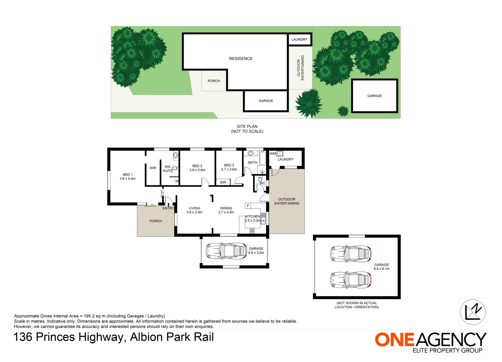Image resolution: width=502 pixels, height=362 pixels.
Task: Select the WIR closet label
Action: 153,168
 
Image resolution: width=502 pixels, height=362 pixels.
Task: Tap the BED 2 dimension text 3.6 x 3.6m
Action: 197,170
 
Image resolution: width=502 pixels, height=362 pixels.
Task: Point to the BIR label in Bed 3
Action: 223,182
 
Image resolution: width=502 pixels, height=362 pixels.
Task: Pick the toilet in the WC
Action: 260,180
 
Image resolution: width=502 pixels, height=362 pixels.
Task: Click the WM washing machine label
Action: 273,154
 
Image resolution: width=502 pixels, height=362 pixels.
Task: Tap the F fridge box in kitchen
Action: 248,206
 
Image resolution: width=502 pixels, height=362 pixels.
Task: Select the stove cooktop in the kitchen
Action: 252,231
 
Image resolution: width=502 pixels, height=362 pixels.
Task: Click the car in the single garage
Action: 226,251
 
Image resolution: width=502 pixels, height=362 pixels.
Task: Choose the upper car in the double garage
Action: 351,254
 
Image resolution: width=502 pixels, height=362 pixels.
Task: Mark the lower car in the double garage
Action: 351,280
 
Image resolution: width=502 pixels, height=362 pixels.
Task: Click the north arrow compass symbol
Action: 472,312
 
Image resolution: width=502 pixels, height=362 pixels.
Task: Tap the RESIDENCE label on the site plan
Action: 241,59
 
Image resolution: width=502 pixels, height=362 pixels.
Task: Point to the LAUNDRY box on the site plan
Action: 299,40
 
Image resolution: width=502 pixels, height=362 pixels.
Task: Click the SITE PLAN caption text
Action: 247,127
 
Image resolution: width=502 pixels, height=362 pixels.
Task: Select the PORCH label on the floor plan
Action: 156,221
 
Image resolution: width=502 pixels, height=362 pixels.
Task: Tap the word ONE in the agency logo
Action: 395,340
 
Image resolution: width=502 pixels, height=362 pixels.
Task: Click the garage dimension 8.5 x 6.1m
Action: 382,269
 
